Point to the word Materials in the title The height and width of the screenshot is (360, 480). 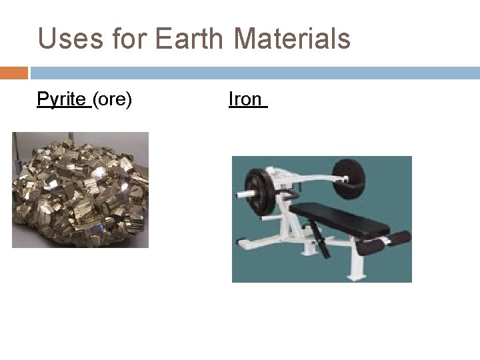point(292,39)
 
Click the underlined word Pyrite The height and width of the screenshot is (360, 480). point(62,100)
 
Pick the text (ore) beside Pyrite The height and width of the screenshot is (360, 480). point(112,100)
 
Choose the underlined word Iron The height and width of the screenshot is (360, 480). point(245,100)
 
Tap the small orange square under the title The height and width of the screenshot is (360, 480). point(13,73)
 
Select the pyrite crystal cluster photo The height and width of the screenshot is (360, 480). point(80,190)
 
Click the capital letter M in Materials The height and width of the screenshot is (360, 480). point(246,39)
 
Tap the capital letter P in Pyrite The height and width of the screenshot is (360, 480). point(42,100)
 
